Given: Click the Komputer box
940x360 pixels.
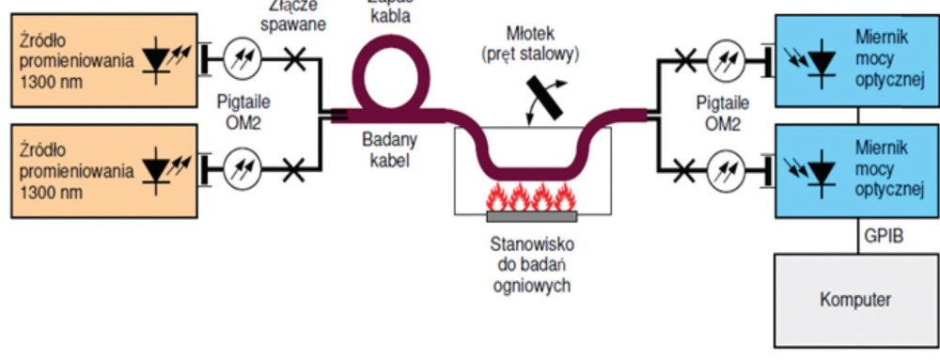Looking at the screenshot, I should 854,300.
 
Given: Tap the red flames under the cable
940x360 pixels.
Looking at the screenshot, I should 531,198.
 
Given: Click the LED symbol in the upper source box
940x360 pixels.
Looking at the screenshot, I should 160,59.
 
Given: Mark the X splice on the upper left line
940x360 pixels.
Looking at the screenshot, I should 293,61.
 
